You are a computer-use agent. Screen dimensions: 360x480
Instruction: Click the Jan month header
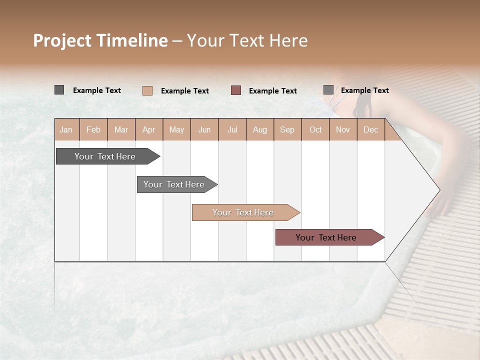[66, 129]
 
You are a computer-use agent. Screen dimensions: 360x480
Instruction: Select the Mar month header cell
[121, 129]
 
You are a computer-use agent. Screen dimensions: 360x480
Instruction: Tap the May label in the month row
[176, 129]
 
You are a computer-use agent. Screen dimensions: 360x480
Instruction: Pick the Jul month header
[232, 129]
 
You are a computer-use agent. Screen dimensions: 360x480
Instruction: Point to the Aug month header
[259, 129]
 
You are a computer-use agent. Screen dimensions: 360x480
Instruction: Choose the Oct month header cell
[315, 129]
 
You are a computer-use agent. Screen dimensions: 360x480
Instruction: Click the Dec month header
[370, 129]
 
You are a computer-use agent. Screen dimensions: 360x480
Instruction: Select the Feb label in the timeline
[93, 129]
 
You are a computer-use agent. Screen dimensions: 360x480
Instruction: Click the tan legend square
[147, 90]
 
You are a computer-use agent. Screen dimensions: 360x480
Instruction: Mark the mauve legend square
[236, 90]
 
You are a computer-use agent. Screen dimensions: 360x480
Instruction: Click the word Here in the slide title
[288, 40]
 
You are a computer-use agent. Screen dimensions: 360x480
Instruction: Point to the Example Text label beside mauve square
[273, 91]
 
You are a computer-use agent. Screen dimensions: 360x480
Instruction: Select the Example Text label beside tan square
[185, 91]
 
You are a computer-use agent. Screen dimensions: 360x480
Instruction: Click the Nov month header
[343, 129]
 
